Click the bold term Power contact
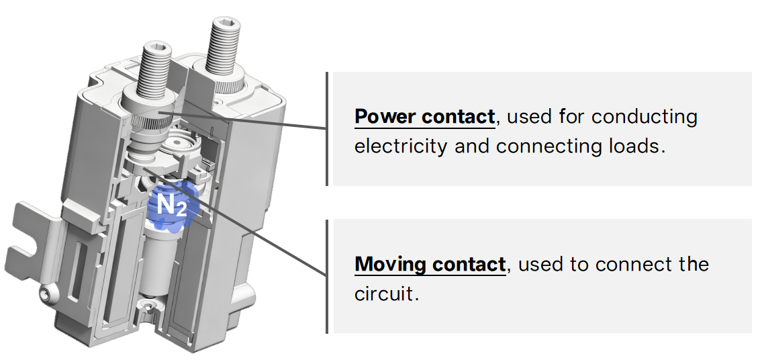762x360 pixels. [424, 117]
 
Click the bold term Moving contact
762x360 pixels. [430, 264]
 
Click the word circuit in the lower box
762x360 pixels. [386, 294]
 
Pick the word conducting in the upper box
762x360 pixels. [645, 117]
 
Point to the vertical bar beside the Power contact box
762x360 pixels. [327, 128]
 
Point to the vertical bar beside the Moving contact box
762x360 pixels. [327, 276]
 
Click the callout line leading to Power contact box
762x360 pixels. [269, 124]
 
